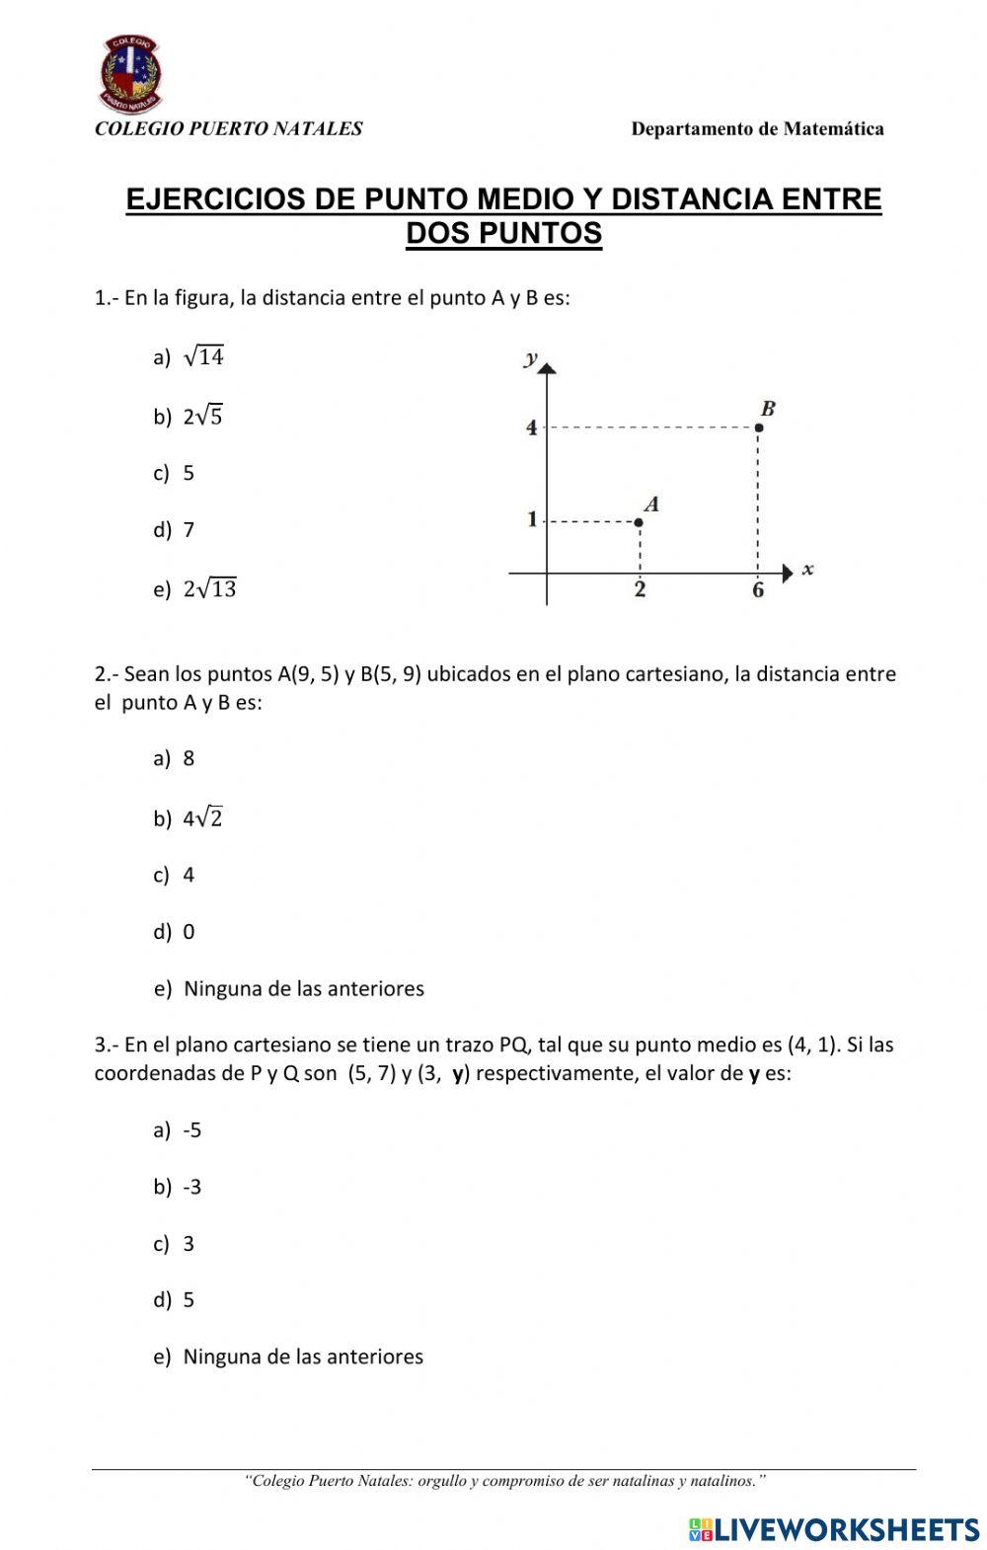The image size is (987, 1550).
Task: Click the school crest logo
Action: coord(131,74)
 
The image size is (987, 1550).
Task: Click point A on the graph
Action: coord(639,521)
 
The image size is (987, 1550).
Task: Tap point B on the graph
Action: coord(758,427)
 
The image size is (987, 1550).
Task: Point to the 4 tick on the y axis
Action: coord(532,427)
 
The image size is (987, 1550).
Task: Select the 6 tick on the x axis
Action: coord(758,590)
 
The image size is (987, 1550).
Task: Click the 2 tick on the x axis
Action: coord(640,590)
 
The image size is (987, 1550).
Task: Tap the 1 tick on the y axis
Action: coord(532,519)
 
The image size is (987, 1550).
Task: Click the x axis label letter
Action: coord(807,570)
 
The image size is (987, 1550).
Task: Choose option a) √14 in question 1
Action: coord(190,357)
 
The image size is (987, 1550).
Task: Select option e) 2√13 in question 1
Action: coord(195,589)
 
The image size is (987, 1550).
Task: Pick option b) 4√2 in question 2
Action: coord(190,818)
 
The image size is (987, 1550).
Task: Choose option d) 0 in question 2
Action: coord(175,932)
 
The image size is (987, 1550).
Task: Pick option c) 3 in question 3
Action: coord(175,1244)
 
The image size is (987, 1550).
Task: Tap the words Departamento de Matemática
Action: coord(757,128)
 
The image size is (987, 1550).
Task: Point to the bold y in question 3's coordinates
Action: coord(458,1073)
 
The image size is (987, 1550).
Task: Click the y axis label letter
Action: coord(531,358)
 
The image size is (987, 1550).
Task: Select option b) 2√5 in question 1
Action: coord(190,417)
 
